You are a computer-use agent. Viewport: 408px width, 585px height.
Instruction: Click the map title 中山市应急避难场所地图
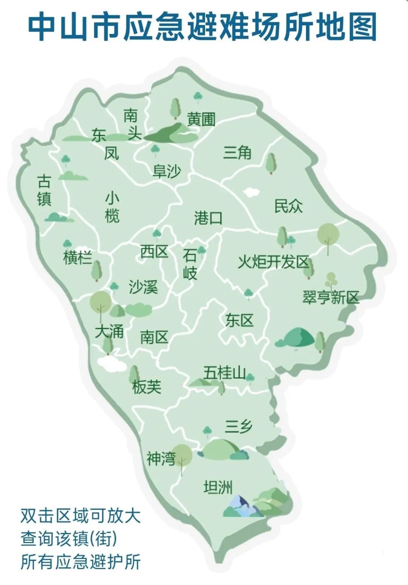pyautogui.click(x=203, y=27)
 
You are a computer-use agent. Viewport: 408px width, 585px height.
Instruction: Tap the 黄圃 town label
pyautogui.click(x=201, y=119)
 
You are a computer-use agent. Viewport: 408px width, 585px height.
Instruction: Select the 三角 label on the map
pyautogui.click(x=237, y=153)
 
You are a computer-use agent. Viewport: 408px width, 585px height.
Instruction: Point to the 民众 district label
pyautogui.click(x=288, y=206)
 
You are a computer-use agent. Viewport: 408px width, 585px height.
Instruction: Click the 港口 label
pyautogui.click(x=208, y=218)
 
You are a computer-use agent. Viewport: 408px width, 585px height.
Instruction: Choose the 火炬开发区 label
pyautogui.click(x=273, y=262)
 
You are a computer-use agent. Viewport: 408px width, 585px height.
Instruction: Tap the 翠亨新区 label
pyautogui.click(x=331, y=297)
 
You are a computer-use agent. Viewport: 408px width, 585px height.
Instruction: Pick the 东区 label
pyautogui.click(x=239, y=320)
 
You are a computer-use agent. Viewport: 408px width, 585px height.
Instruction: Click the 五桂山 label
pyautogui.click(x=224, y=373)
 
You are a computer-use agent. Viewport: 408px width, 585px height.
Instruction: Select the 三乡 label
pyautogui.click(x=238, y=426)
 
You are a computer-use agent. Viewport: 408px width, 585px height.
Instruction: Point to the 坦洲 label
pyautogui.click(x=218, y=487)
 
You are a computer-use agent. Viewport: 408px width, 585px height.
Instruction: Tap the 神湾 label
pyautogui.click(x=161, y=459)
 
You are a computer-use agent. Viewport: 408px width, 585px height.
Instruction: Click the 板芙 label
pyautogui.click(x=147, y=387)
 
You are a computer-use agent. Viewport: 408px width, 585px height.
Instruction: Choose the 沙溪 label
pyautogui.click(x=143, y=287)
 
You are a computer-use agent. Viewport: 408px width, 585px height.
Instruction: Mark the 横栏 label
pyautogui.click(x=77, y=258)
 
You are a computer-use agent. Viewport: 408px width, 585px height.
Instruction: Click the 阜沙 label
pyautogui.click(x=167, y=171)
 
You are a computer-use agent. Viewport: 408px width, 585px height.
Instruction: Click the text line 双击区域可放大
pyautogui.click(x=80, y=516)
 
